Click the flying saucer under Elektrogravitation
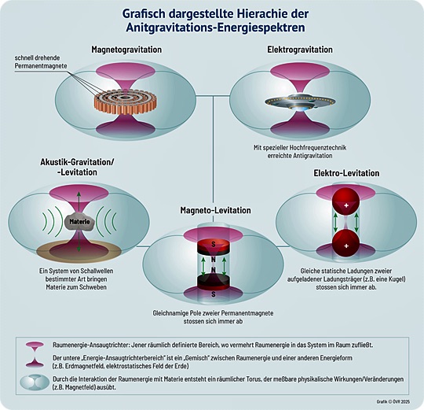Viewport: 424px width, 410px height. point(300,103)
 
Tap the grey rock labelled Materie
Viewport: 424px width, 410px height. point(79,222)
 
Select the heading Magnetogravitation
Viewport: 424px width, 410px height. point(126,50)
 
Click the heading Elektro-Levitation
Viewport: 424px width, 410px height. point(346,173)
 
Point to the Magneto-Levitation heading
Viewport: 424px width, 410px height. point(215,210)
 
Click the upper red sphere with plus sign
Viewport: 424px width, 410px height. point(345,201)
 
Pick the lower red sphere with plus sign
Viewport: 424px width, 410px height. point(345,243)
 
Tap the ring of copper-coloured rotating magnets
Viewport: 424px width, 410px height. point(126,102)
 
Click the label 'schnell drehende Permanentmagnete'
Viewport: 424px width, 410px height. point(41,62)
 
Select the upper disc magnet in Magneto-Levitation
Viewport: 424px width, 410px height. point(214,247)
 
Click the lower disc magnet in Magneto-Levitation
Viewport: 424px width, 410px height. point(214,283)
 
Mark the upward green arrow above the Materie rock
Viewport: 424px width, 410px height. point(79,201)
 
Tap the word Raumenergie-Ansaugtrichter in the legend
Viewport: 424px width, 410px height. point(91,345)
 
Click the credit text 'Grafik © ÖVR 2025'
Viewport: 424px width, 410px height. point(393,401)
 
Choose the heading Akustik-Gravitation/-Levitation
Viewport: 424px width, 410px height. point(77,167)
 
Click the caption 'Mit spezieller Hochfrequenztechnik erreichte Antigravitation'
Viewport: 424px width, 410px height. point(300,152)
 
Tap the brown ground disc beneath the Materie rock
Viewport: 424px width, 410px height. point(79,251)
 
